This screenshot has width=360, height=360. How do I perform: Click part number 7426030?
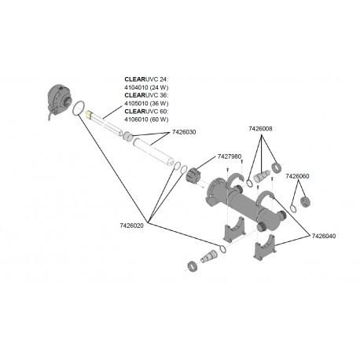point(184,132)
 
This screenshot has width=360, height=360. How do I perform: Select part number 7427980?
point(230,156)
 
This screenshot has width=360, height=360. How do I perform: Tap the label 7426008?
point(260,128)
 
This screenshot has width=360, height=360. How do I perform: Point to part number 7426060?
point(297,176)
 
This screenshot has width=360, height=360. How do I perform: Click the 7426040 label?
point(324,236)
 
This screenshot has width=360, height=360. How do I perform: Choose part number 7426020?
point(132,226)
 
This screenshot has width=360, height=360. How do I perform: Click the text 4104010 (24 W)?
point(146,87)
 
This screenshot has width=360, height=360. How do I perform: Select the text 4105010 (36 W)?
point(146,103)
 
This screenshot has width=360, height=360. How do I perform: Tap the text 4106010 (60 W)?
point(146,119)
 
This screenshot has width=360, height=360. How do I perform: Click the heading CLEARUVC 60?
point(146,112)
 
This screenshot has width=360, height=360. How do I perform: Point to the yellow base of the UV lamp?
point(89,114)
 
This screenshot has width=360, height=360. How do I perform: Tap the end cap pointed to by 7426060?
point(305,201)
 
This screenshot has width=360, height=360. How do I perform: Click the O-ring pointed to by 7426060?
point(293,208)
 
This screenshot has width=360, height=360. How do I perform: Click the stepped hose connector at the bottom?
point(209,255)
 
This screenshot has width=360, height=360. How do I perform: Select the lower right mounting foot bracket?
point(265,247)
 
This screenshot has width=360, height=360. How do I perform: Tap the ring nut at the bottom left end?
point(193,266)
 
